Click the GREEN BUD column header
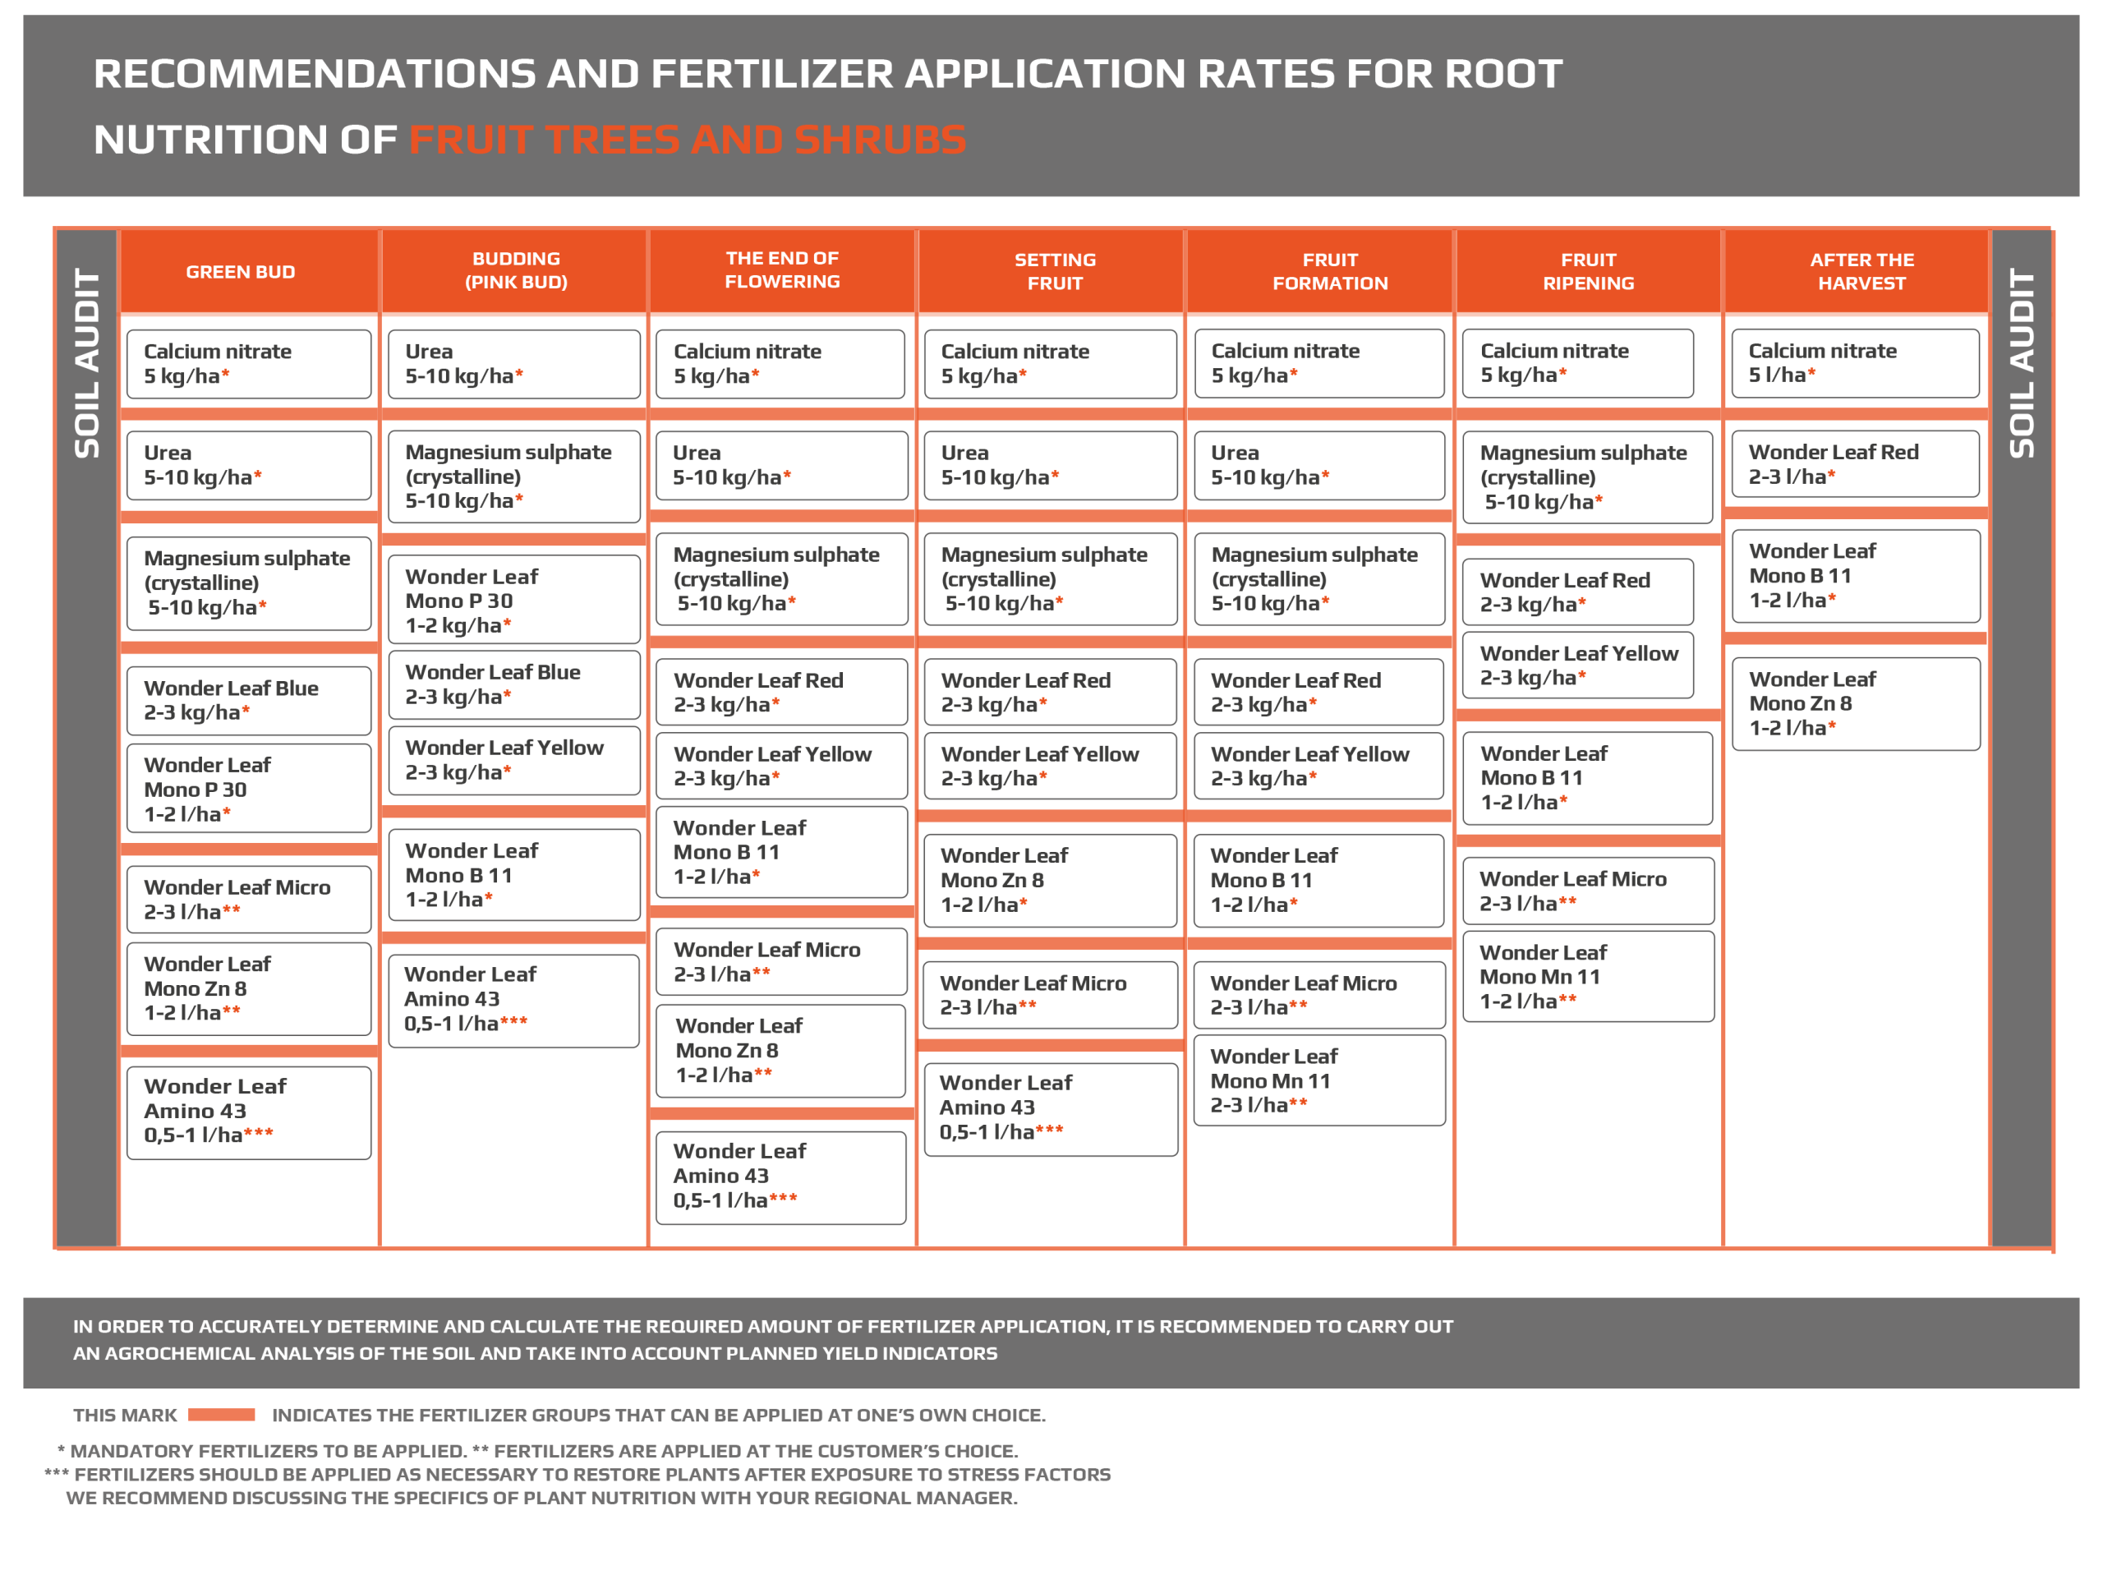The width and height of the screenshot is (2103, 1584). coord(241,272)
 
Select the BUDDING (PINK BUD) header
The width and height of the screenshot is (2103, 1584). coord(515,271)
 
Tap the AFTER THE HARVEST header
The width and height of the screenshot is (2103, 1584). coord(1861,272)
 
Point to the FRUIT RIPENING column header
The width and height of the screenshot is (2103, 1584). coord(1588,272)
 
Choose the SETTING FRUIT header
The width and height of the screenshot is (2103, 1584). coord(1054,272)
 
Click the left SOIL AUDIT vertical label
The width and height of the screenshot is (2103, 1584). coord(86,363)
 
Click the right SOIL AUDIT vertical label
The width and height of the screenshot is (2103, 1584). coord(2020,363)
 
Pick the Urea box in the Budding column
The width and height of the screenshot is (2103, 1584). coord(513,364)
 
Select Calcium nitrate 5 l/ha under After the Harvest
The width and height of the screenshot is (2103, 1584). coord(1855,363)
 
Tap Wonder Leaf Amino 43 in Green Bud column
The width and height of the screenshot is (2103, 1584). coord(248,1112)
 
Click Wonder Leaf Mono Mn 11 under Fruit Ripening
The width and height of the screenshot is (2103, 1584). coord(1588,977)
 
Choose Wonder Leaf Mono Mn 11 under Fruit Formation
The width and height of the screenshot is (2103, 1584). coord(1318,1080)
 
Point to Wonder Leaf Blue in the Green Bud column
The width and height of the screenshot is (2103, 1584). coord(248,700)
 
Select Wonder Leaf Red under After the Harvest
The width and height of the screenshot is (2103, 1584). coord(1855,464)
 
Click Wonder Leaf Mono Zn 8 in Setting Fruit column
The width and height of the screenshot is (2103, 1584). coord(1050,881)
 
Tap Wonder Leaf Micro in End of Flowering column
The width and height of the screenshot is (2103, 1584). coord(780,961)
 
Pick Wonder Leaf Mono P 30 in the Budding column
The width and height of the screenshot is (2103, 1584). coord(513,600)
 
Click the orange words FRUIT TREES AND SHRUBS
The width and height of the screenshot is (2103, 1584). coord(688,140)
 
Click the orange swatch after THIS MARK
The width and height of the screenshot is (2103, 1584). coord(222,1415)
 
